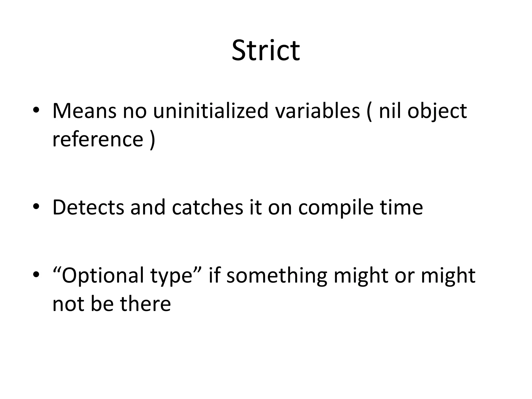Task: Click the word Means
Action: (84, 111)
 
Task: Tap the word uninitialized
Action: (210, 111)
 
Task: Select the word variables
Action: (317, 111)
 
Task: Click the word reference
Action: (98, 139)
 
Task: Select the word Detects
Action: (88, 208)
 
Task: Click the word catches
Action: (207, 208)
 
